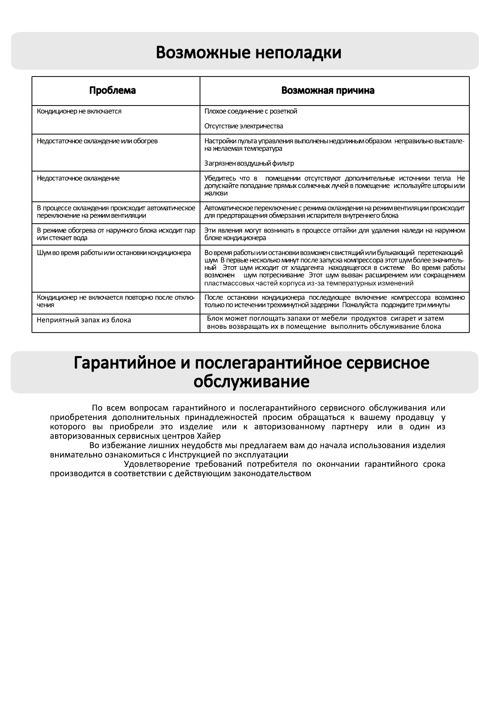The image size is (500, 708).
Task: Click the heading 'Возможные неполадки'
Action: [248, 53]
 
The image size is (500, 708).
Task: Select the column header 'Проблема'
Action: [113, 90]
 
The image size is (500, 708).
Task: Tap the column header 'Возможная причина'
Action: [328, 90]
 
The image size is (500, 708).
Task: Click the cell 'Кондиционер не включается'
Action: [79, 111]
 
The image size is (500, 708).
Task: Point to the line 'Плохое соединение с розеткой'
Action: [251, 111]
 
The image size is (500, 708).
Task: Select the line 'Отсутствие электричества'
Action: [244, 126]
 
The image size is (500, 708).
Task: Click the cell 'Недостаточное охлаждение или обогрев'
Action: [97, 141]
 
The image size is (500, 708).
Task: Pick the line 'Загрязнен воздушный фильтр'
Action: [249, 163]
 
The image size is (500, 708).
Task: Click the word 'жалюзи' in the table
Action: [216, 193]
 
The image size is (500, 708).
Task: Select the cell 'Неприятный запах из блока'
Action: [84, 320]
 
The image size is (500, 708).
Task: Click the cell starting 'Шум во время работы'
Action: [114, 253]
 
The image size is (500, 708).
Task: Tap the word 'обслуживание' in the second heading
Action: [251, 382]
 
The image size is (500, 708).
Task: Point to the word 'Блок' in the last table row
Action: [215, 318]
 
